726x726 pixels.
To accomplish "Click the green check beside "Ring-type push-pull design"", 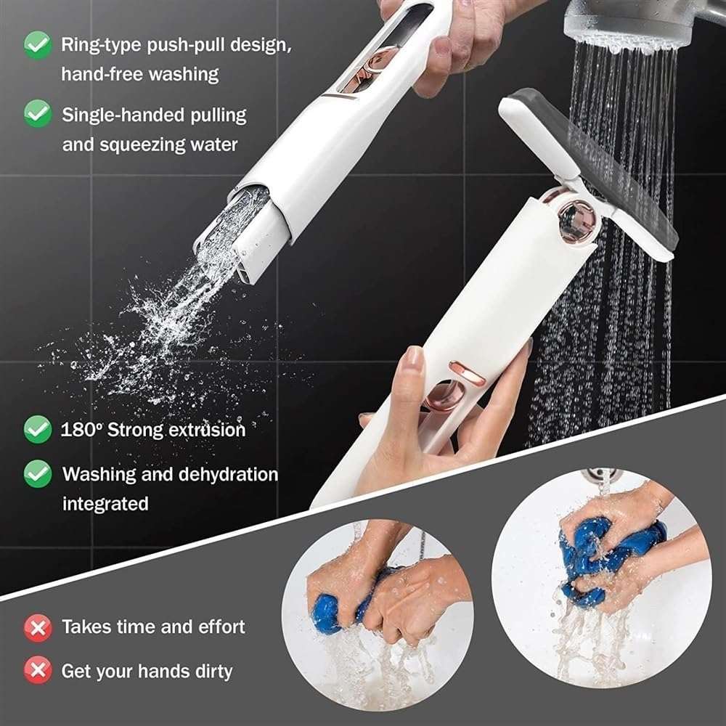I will coord(37,45).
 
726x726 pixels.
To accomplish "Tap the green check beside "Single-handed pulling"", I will coord(37,114).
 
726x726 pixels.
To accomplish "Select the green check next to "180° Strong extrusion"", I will coord(37,429).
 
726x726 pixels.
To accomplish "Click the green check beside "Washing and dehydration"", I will coord(37,474).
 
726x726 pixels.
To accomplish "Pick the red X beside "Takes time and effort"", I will coord(37,627).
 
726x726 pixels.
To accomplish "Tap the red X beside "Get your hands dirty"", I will coord(37,671).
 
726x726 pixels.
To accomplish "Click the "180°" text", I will coord(81,429).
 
